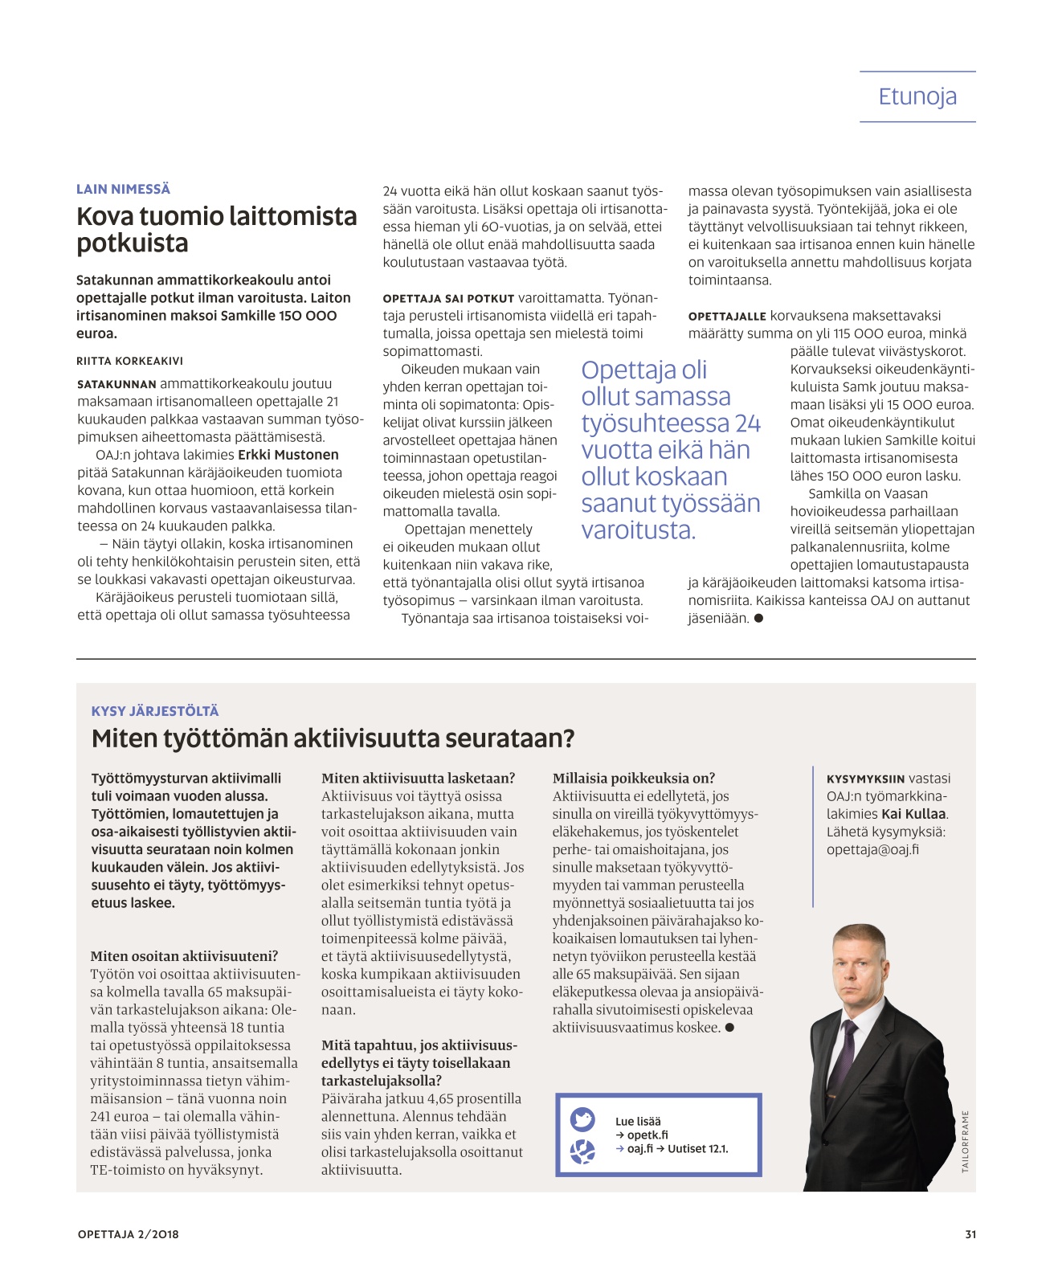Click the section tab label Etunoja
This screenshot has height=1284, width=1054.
917,96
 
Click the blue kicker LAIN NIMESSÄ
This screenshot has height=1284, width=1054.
123,189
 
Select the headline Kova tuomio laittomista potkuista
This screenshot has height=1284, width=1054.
216,229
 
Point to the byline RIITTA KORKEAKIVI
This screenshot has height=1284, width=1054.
129,361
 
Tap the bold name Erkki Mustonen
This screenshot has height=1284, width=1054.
288,455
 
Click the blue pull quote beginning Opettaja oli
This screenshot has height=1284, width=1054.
670,449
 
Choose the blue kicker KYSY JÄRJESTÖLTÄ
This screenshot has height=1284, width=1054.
155,711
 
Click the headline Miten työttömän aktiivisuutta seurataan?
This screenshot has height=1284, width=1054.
333,738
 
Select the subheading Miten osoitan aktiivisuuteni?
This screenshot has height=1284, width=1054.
184,956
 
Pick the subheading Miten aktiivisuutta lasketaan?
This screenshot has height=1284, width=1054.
418,778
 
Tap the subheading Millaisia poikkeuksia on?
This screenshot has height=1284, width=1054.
633,778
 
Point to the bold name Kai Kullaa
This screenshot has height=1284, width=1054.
913,814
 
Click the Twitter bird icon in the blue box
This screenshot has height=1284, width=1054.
582,1119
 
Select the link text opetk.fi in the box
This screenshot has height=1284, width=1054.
648,1135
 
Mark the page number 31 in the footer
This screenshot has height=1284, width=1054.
970,1234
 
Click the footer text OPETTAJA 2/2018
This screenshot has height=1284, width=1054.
129,1234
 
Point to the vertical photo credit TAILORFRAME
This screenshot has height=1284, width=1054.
965,1141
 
